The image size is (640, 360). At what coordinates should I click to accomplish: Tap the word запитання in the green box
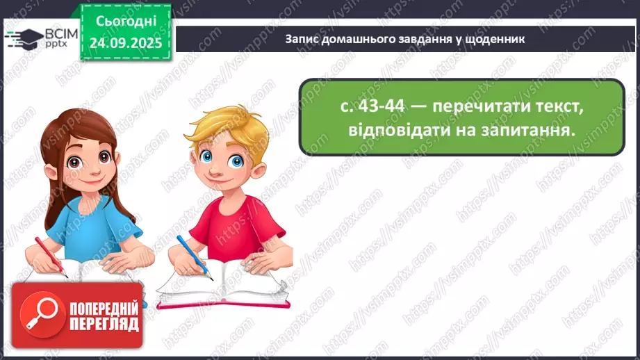point(525,131)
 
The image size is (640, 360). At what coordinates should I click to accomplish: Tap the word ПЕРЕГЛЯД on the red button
point(104,325)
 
